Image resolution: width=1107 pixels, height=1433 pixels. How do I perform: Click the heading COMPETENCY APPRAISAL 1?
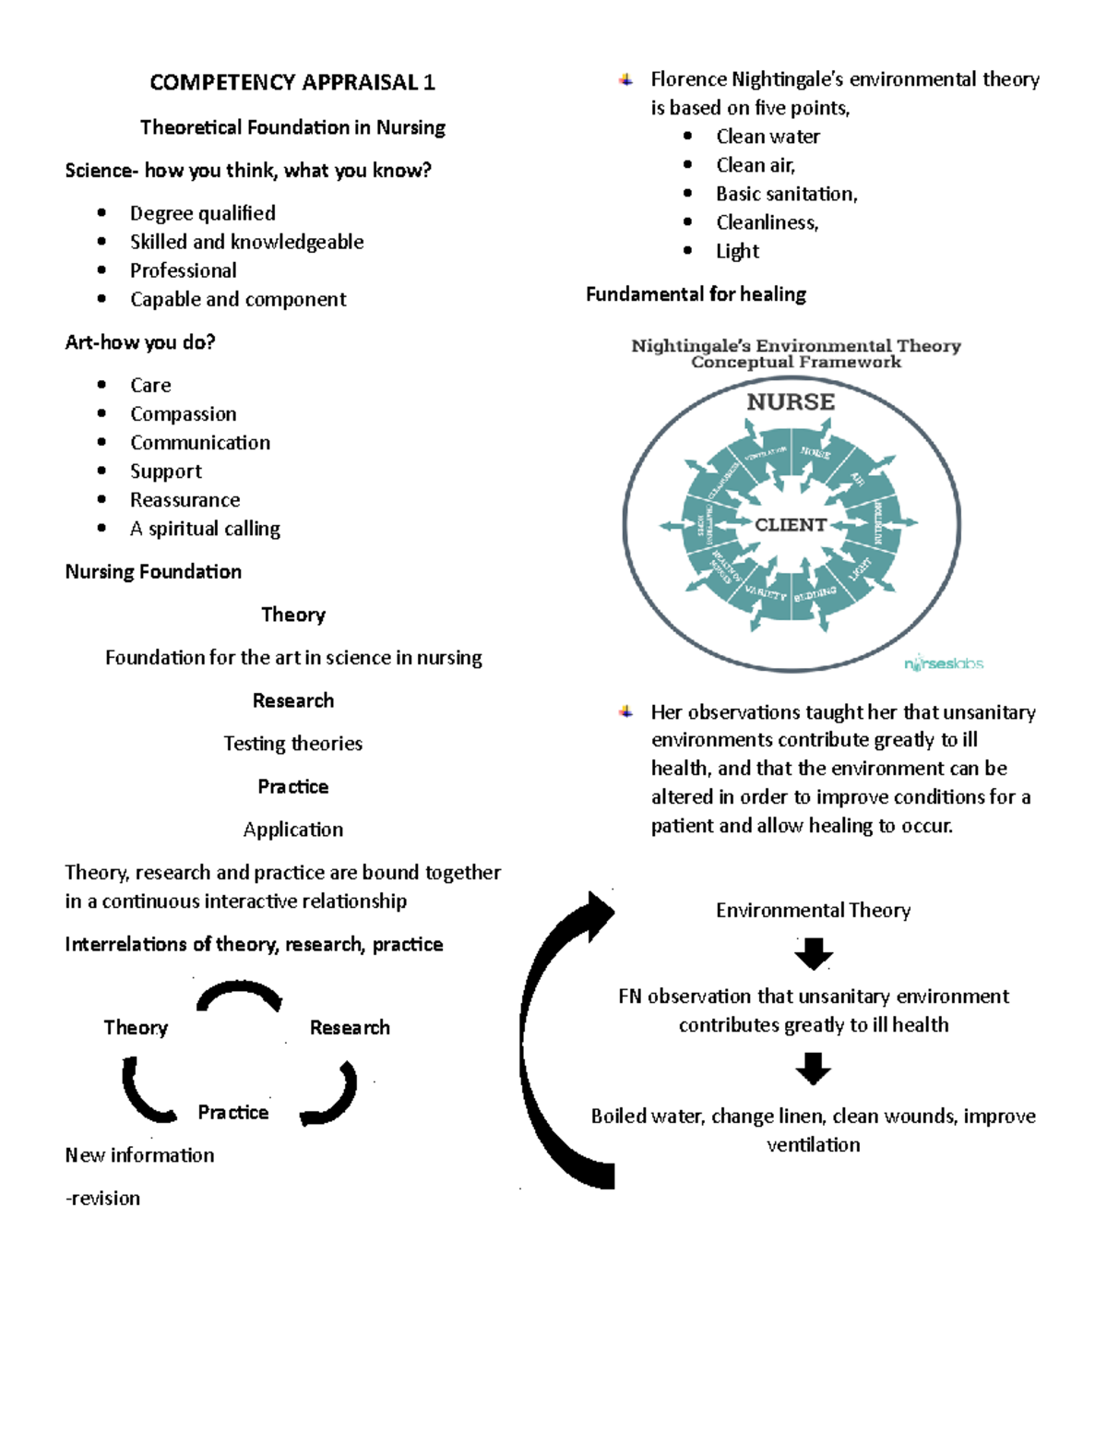[292, 82]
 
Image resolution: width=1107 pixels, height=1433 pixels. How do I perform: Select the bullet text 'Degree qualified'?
[202, 213]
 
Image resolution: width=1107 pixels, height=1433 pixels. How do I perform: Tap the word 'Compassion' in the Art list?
[183, 414]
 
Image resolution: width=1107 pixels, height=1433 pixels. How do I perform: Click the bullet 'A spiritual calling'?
[205, 529]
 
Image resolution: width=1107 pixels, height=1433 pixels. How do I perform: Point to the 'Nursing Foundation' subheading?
[153, 572]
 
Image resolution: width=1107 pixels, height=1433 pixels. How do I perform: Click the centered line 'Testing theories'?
[292, 744]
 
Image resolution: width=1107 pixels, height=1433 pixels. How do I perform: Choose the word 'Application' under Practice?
[292, 830]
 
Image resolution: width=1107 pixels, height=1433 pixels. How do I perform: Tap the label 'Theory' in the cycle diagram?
[136, 1028]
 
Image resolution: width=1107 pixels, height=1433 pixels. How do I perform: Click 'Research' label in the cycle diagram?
[350, 1028]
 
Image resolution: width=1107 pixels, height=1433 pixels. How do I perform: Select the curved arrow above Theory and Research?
[239, 995]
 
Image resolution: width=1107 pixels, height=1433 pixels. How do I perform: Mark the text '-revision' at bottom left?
[102, 1199]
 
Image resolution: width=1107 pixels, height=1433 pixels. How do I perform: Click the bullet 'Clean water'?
[768, 137]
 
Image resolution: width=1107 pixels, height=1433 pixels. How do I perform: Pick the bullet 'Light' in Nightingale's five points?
[737, 251]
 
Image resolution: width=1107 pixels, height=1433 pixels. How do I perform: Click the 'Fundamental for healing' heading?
[696, 294]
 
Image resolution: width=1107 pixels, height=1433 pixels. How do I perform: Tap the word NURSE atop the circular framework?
[791, 402]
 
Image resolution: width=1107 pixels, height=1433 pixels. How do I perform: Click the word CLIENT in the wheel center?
[790, 525]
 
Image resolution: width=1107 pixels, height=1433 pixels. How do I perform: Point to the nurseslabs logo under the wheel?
[943, 663]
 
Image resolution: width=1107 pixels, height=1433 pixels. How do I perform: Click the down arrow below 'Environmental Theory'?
[813, 954]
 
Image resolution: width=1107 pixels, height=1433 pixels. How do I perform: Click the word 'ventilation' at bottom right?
[813, 1145]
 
